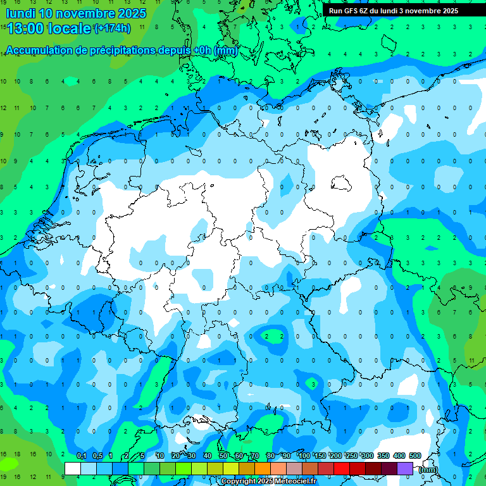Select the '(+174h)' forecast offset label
tap(112, 28)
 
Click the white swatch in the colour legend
tap(73, 468)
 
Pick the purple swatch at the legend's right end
tap(405, 468)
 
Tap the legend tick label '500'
tap(415, 456)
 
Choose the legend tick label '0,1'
tap(82, 456)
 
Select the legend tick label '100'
tap(304, 456)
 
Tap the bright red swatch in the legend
tap(342, 468)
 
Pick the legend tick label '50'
tap(223, 456)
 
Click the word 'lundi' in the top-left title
tap(20, 13)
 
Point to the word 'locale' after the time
tap(71, 28)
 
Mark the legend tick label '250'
tap(352, 456)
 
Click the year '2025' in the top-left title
tap(130, 13)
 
